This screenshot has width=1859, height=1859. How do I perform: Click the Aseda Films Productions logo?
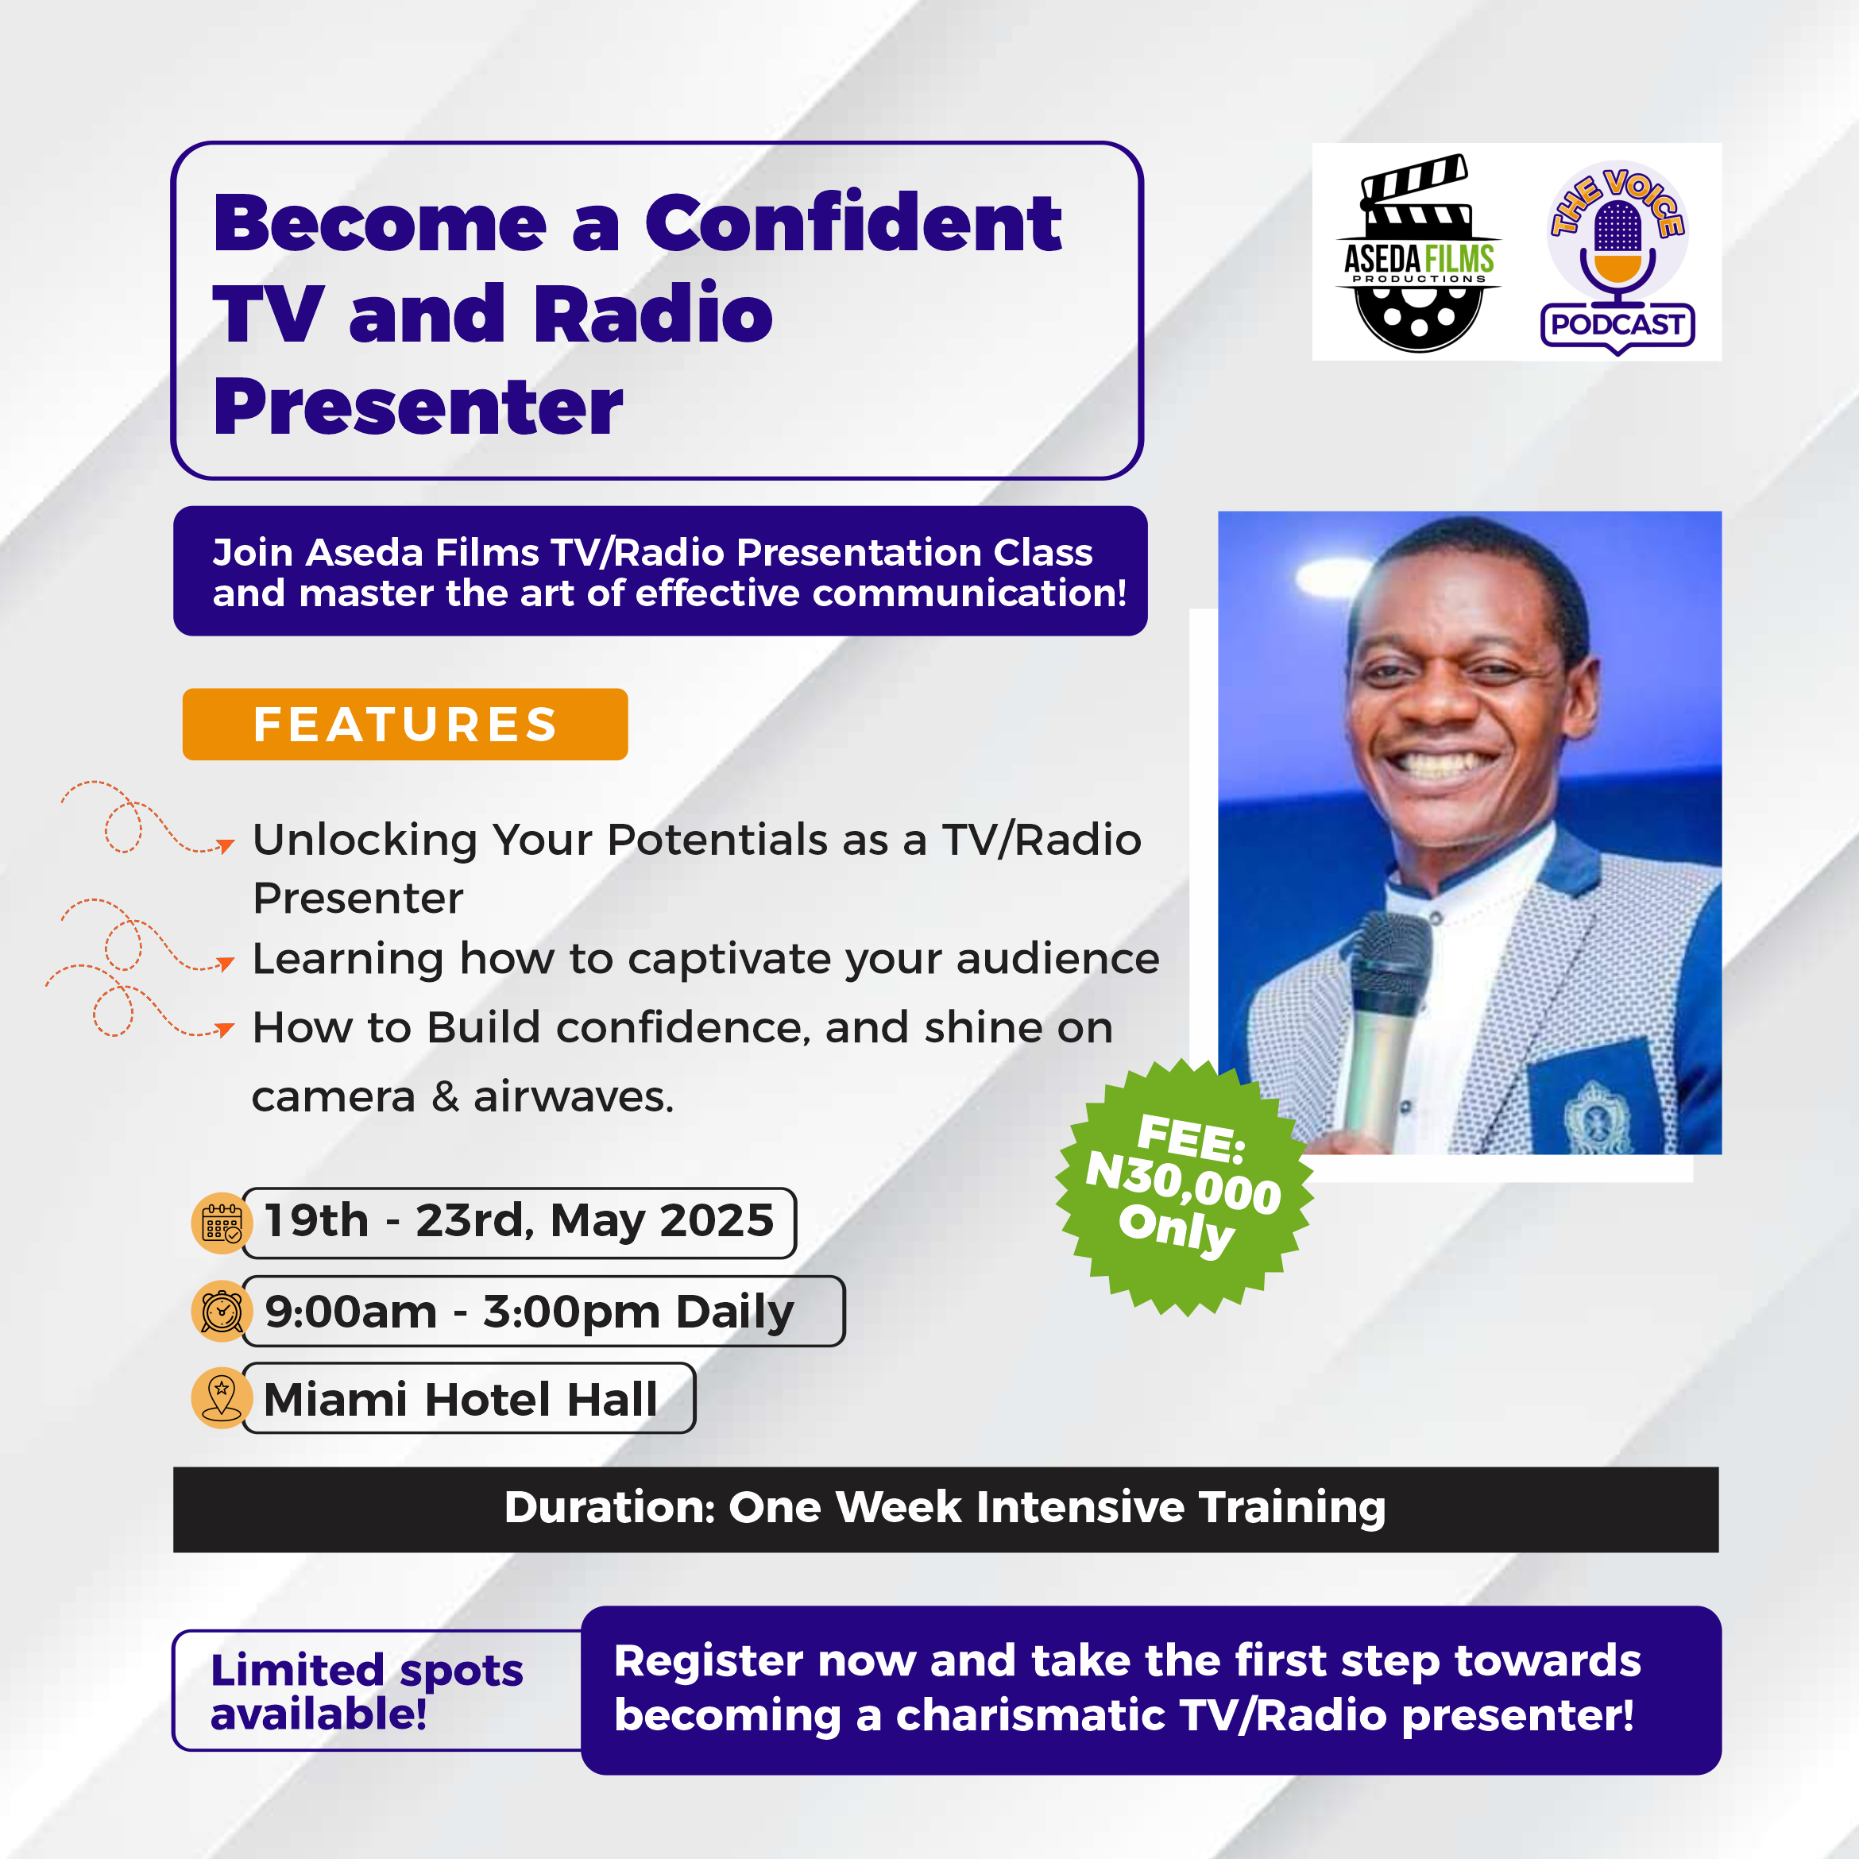point(1418,253)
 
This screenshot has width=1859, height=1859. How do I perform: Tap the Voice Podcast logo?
point(1617,257)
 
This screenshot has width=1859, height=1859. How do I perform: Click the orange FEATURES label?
point(405,725)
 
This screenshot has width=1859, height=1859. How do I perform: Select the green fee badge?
point(1185,1186)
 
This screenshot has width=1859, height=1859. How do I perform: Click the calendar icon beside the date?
point(222,1223)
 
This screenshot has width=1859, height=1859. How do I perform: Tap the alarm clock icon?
point(222,1311)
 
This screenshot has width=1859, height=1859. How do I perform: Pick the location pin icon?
point(222,1398)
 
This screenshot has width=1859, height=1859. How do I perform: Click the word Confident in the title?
point(853,223)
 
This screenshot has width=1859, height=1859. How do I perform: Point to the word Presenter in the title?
point(419,406)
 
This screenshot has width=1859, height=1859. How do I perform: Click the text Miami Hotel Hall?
point(461,1399)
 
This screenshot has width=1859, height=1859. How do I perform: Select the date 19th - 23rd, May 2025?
point(519,1221)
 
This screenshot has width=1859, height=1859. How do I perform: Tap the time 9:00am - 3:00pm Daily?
point(529,1312)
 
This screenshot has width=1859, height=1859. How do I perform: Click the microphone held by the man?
point(1384,1029)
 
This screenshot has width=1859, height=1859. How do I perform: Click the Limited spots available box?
point(377,1691)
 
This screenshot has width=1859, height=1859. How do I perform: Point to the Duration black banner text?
point(945,1508)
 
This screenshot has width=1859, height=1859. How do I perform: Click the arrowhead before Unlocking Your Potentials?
point(225,846)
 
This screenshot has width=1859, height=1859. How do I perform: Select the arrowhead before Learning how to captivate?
point(225,963)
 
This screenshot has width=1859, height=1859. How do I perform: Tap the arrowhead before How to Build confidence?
point(225,1030)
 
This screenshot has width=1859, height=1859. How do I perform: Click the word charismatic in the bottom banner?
point(1030,1716)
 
